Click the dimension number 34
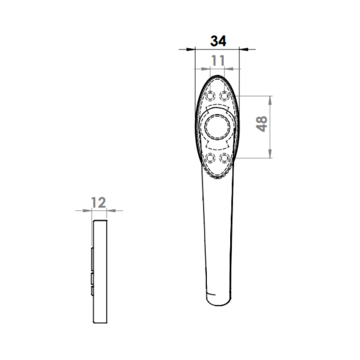click(218, 41)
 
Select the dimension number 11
click(218, 61)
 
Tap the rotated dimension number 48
click(261, 124)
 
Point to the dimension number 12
click(99, 202)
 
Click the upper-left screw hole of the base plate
click(210, 95)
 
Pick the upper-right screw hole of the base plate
click(224, 95)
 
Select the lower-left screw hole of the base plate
click(210, 158)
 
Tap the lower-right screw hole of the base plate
click(224, 158)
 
